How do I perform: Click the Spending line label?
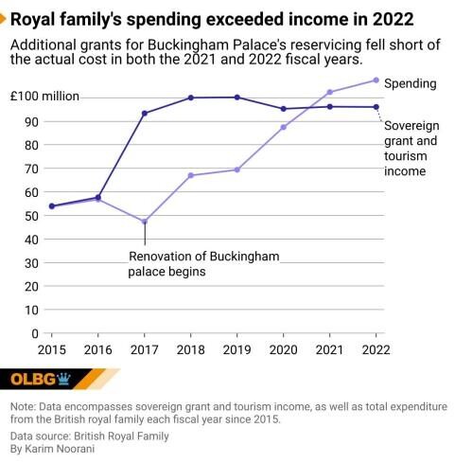pyautogui.click(x=411, y=83)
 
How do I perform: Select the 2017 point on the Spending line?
pyautogui.click(x=145, y=222)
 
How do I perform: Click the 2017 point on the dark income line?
pyautogui.click(x=145, y=114)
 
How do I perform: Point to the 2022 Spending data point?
pyautogui.click(x=376, y=80)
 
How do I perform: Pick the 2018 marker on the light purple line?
pyautogui.click(x=191, y=175)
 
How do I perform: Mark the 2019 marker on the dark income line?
pyautogui.click(x=236, y=98)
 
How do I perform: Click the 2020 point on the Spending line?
pyautogui.click(x=283, y=127)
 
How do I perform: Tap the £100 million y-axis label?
pyautogui.click(x=45, y=97)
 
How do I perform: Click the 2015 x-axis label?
pyautogui.click(x=52, y=349)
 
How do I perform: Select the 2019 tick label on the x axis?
pyautogui.click(x=236, y=349)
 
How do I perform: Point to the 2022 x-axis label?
pyautogui.click(x=376, y=349)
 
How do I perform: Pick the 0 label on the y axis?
pyautogui.click(x=35, y=333)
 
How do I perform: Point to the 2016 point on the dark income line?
pyautogui.click(x=98, y=197)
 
